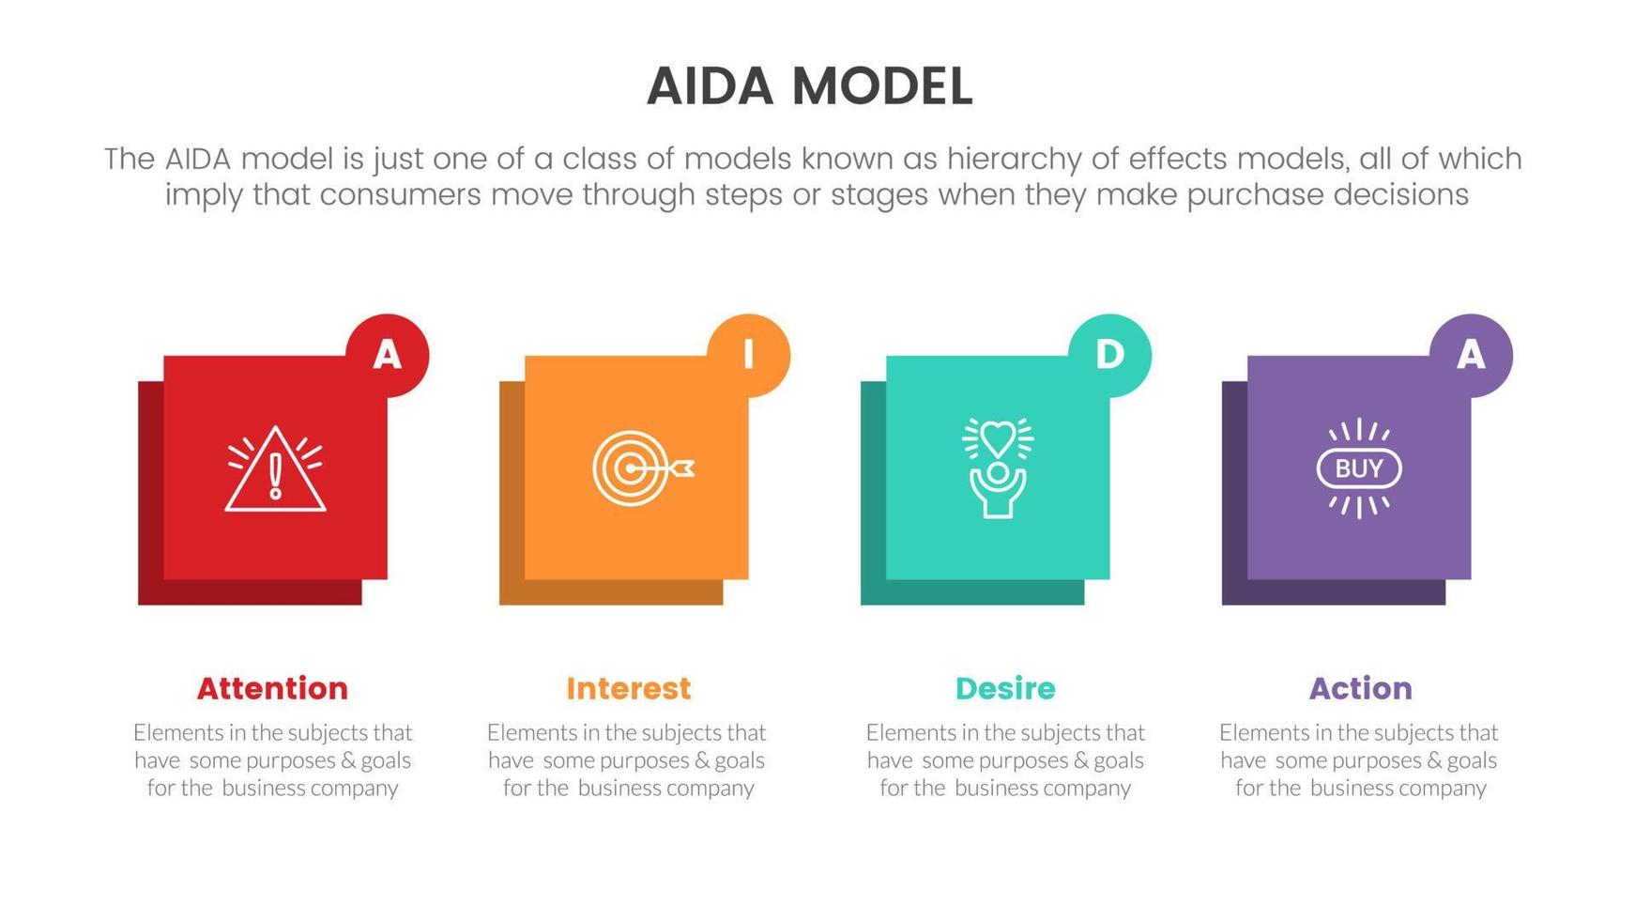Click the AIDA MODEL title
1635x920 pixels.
pyautogui.click(x=809, y=86)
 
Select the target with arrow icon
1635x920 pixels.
pyautogui.click(x=642, y=468)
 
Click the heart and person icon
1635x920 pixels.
pyautogui.click(x=998, y=468)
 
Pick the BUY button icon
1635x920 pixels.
pyautogui.click(x=1359, y=468)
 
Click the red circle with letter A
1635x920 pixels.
pyautogui.click(x=388, y=355)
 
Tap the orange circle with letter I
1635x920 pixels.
pyautogui.click(x=748, y=355)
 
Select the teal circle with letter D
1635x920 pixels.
pyautogui.click(x=1109, y=355)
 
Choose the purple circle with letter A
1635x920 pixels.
pyautogui.click(x=1471, y=355)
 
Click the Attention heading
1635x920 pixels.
pyautogui.click(x=272, y=688)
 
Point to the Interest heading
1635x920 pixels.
pyautogui.click(x=628, y=688)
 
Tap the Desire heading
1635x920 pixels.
pyautogui.click(x=1005, y=688)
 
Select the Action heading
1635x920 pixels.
pyautogui.click(x=1360, y=688)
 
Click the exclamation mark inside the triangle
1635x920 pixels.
pyautogui.click(x=275, y=475)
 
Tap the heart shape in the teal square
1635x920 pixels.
pyautogui.click(x=998, y=437)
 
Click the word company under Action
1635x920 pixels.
pyautogui.click(x=1442, y=789)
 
